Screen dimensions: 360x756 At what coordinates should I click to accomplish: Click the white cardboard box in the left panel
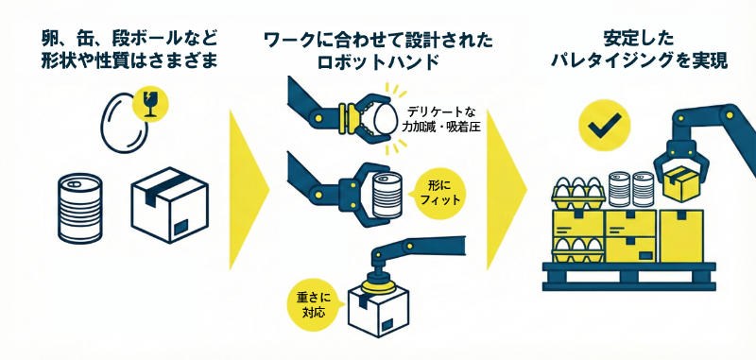coord(167,205)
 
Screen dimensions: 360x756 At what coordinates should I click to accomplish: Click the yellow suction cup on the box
coord(378,283)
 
